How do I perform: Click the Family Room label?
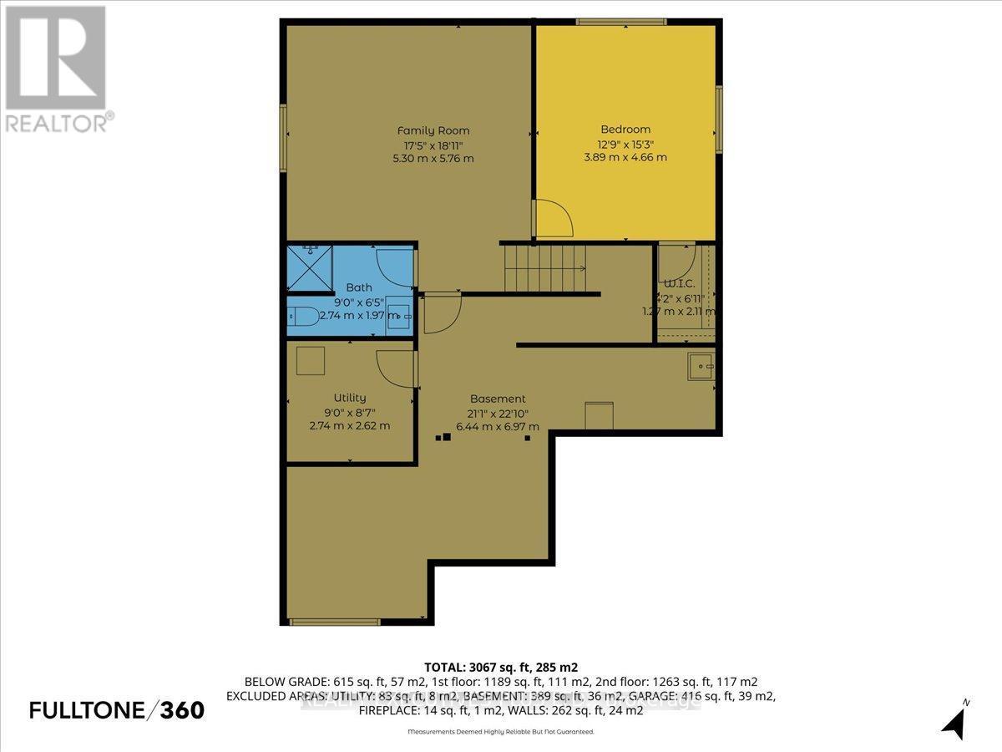[433, 130]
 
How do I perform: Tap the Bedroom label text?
[625, 130]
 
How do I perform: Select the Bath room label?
[359, 287]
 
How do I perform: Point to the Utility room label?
[349, 398]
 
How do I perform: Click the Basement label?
[498, 399]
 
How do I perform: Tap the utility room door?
[397, 368]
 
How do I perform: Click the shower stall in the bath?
[307, 267]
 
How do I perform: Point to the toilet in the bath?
[302, 318]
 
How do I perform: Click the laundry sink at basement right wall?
[701, 364]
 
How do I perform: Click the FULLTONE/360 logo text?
[116, 710]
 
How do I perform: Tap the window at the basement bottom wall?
[334, 622]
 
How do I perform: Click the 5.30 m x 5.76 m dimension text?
[433, 158]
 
